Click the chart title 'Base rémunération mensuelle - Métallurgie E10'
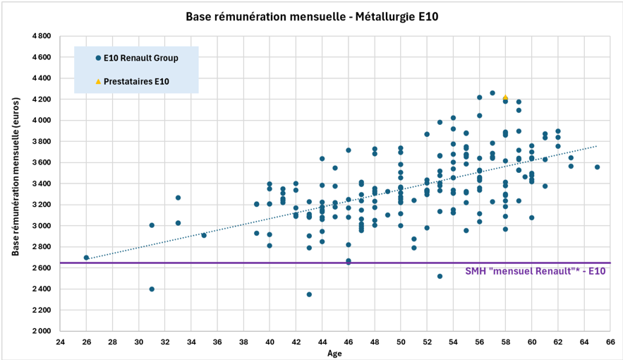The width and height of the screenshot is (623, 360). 311,16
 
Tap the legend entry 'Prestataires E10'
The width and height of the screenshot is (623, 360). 136,82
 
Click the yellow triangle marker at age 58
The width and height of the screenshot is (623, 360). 505,98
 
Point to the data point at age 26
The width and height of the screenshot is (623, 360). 86,258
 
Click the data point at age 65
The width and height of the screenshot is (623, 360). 597,167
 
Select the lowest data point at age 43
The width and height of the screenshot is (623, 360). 309,294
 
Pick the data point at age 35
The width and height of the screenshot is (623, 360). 204,235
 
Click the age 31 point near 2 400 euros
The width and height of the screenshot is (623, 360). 152,289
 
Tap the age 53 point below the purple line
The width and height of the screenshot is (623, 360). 440,276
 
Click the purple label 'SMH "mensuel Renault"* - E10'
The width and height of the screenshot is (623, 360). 536,271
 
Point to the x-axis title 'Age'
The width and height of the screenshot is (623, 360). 334,354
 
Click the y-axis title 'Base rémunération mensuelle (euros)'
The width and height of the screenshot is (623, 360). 15,183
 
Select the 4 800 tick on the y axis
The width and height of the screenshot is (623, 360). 41,36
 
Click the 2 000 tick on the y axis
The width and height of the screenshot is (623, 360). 41,331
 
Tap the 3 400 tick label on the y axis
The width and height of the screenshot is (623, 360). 41,184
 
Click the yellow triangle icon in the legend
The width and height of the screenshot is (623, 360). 97,82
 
